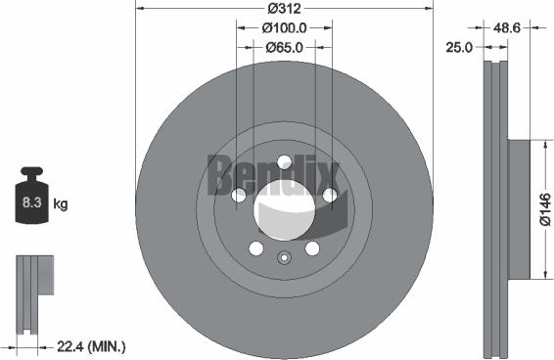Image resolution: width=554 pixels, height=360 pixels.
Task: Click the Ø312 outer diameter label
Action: click(x=284, y=9)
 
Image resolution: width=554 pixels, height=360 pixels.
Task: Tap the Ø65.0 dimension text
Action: click(x=284, y=46)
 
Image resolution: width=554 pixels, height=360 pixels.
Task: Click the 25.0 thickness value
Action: click(x=459, y=46)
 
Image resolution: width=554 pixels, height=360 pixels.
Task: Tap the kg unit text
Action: click(x=61, y=204)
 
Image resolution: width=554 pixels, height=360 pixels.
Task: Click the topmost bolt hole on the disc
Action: click(x=284, y=162)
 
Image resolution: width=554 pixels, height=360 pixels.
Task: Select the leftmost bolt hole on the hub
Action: click(x=238, y=196)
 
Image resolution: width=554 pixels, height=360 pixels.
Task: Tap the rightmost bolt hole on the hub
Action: click(x=330, y=196)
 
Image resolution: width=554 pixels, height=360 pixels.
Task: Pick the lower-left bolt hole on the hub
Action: click(x=255, y=248)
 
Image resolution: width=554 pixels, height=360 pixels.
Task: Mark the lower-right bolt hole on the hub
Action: click(x=312, y=248)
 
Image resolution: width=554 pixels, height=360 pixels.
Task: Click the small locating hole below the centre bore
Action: click(x=284, y=258)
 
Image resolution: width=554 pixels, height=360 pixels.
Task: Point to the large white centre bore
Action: click(x=284, y=210)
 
